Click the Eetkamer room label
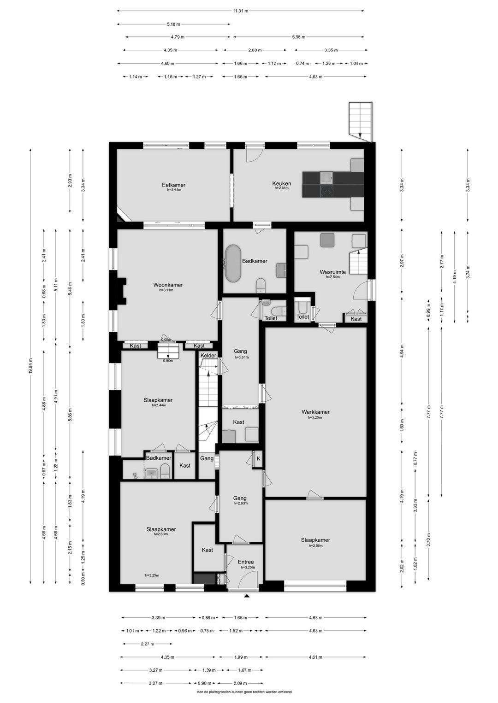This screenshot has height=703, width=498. [173, 185]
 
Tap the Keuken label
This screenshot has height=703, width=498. [282, 184]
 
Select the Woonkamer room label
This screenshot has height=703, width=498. [168, 285]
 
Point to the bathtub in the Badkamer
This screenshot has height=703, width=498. [233, 264]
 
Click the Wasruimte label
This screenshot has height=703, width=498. [333, 272]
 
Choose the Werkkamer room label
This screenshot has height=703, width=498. [315, 412]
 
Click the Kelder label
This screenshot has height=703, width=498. [208, 355]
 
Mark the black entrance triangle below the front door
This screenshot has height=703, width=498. [247, 596]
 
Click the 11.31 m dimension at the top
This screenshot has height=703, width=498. [240, 11]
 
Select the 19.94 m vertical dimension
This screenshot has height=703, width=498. [30, 366]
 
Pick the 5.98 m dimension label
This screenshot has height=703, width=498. [298, 37]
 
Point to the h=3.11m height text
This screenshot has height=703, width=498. [166, 290]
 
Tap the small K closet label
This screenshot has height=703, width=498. [258, 458]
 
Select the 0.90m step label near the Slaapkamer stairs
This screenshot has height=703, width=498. [168, 361]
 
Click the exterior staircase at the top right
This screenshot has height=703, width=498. [361, 122]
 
